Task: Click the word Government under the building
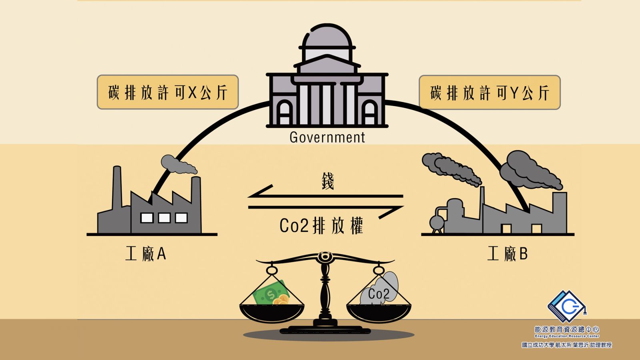[x=327, y=138]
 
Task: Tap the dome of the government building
[x=327, y=36]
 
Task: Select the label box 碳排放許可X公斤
[x=168, y=92]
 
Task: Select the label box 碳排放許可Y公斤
[x=490, y=92]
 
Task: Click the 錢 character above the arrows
[x=328, y=181]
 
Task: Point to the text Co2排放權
[x=322, y=226]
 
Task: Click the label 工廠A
[x=146, y=254]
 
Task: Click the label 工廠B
[x=508, y=254]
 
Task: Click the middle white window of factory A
[x=164, y=218]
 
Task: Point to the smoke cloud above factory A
[x=178, y=164]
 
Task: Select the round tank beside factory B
[x=437, y=223]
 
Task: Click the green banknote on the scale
[x=270, y=293]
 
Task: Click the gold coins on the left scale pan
[x=280, y=300]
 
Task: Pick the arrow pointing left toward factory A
[x=326, y=196]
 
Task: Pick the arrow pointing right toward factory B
[x=326, y=208]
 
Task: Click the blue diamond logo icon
[x=567, y=306]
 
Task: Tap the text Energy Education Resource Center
[x=567, y=336]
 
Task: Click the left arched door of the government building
[x=284, y=113]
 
